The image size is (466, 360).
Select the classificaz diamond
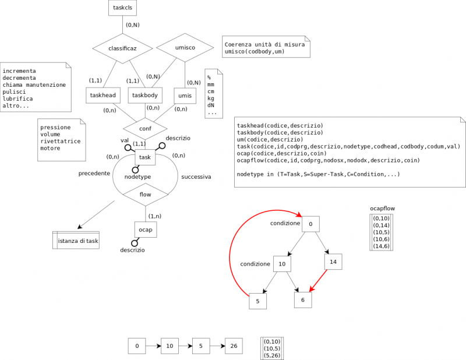pos(122,48)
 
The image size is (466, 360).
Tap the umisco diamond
pos(185,47)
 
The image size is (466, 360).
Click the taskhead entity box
pos(103,95)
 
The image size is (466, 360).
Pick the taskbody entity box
pos(146,95)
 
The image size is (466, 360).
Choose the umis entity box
pos(185,95)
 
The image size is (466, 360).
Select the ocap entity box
pos(146,230)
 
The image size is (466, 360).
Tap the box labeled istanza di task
pos(76,240)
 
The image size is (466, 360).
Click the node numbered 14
pos(333,262)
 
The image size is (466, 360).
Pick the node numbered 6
pos(302,299)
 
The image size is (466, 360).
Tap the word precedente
pos(94,174)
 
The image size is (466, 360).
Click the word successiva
pos(196,177)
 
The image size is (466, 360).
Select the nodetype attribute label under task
pos(137,177)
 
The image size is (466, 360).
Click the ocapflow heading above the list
pos(382,208)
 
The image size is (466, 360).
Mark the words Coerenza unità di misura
pos(261,44)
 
